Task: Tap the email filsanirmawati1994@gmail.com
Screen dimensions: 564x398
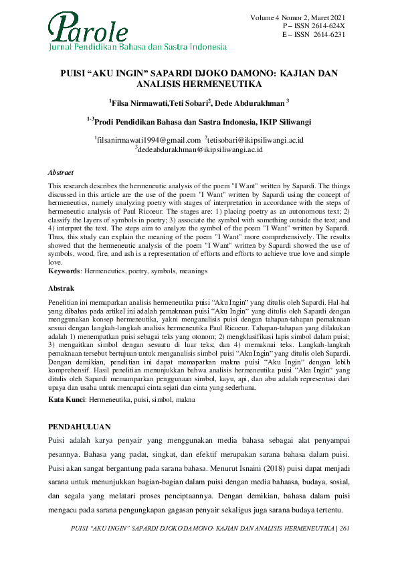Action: coord(148,139)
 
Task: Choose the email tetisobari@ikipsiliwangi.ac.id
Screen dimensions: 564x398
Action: coord(256,139)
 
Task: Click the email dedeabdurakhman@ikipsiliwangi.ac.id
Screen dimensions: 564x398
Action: coord(199,149)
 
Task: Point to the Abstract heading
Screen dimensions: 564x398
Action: coord(61,172)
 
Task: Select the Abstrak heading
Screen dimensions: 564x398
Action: coord(61,287)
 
